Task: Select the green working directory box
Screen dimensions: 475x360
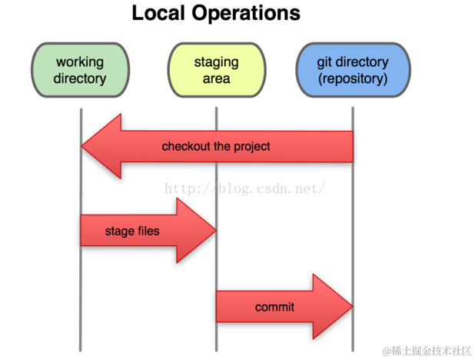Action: point(80,70)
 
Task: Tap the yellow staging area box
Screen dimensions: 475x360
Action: point(216,70)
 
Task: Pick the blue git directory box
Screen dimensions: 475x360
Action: point(352,70)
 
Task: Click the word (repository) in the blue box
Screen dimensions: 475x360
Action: point(352,78)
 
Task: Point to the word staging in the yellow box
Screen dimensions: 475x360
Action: point(216,62)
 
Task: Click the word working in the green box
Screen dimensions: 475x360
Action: point(80,62)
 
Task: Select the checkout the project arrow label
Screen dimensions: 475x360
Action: point(216,146)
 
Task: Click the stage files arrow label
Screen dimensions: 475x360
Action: point(132,230)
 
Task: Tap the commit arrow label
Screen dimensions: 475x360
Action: point(274,307)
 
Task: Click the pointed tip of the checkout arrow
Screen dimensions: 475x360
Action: point(83,146)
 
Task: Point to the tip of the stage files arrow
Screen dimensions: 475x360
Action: point(214,230)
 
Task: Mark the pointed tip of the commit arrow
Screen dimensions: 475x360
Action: point(350,307)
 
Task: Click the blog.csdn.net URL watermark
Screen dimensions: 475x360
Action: point(246,188)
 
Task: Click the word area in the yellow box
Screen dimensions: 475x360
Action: point(216,78)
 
